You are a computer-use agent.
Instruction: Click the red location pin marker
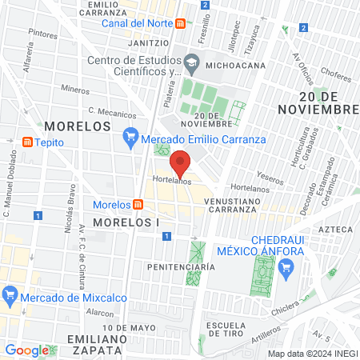(x=181, y=163)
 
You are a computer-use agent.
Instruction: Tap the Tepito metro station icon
(x=27, y=142)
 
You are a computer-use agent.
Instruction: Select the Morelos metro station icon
(x=138, y=204)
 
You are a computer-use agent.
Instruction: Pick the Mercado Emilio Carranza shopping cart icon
(x=132, y=138)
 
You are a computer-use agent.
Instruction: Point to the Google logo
(x=26, y=350)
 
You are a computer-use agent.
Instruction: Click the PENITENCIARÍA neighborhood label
(x=181, y=265)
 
